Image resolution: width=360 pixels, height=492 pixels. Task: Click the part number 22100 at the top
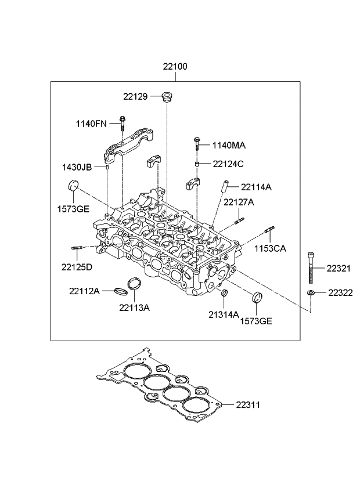click(174, 67)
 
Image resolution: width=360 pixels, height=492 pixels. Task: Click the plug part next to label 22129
click(168, 97)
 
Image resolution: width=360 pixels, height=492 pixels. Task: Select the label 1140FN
click(91, 123)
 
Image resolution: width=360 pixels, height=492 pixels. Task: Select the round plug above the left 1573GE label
click(73, 186)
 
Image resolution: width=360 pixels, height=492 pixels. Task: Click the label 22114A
click(256, 187)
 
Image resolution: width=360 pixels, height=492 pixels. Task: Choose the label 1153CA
click(270, 248)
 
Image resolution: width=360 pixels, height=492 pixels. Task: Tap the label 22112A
click(85, 290)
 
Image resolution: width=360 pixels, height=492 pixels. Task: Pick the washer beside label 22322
click(312, 292)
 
